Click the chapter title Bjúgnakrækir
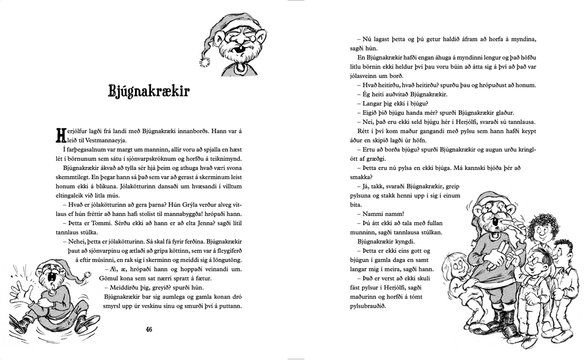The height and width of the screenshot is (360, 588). tap(149, 91)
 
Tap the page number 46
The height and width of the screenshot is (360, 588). tap(149, 329)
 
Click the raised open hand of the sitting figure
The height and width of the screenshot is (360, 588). tap(17, 288)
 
